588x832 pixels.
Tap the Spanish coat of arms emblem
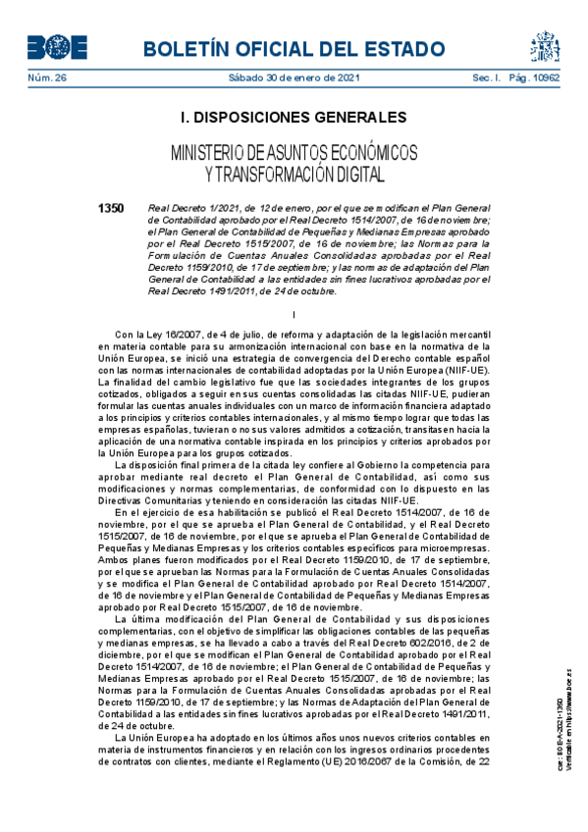[545, 45]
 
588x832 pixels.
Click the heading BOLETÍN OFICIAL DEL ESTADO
[294, 48]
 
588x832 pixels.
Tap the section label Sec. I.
[487, 78]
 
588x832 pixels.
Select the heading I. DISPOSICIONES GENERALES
[294, 119]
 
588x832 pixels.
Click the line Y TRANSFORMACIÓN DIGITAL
[294, 174]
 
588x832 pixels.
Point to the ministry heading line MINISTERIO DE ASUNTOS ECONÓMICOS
[294, 153]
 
